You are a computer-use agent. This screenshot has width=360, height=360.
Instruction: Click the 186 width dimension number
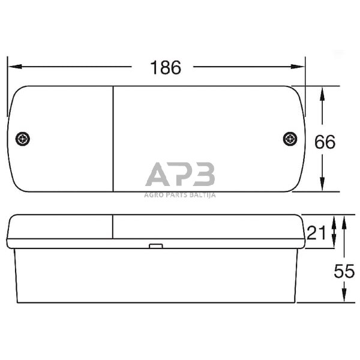coord(166,68)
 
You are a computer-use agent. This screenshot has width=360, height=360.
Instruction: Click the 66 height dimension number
coord(325,142)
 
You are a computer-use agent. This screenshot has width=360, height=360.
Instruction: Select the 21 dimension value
coord(316,232)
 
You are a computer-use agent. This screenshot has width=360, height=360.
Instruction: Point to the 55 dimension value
coord(344,271)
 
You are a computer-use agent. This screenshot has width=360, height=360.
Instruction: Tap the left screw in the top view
coord(23,139)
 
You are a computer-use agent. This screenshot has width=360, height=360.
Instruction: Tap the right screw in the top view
coord(290,139)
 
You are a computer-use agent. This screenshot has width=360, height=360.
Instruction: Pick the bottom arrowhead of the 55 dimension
coord(344,298)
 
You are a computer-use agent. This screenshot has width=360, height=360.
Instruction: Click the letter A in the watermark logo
coord(158,175)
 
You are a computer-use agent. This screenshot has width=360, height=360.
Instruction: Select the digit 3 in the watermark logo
coord(204,175)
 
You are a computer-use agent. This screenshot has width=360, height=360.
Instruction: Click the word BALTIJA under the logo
coord(203,194)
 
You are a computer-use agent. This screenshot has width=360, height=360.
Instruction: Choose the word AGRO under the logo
coord(154,194)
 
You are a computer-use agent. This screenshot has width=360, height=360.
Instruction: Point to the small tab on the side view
coord(155,245)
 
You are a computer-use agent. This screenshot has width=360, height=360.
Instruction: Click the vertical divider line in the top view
coord(113,138)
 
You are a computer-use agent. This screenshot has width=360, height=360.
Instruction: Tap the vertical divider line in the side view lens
coord(113,227)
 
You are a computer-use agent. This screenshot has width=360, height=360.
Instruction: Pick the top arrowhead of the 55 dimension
coord(344,220)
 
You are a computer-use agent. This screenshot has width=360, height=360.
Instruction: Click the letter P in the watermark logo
coord(181,175)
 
